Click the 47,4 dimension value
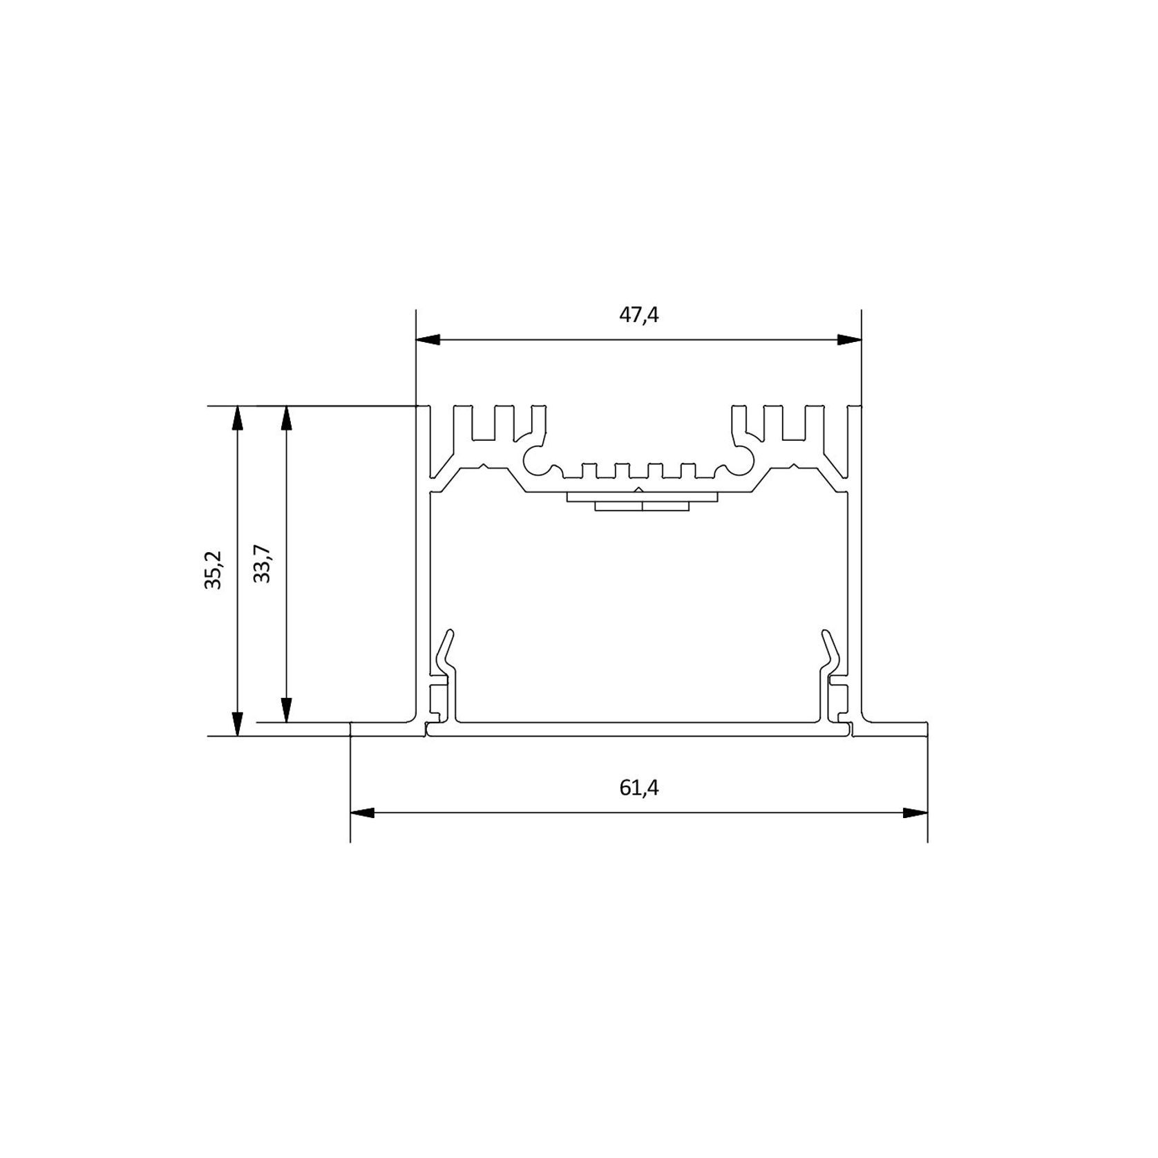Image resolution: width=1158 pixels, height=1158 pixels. [638, 316]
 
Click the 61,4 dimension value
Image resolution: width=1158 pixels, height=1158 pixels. [638, 788]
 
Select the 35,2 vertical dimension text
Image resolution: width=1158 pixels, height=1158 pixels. [213, 570]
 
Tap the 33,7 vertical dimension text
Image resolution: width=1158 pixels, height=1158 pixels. [262, 564]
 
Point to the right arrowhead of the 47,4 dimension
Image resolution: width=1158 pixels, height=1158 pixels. [849, 340]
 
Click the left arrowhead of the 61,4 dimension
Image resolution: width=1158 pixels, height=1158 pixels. [363, 813]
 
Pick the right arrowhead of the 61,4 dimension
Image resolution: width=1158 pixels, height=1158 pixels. [915, 813]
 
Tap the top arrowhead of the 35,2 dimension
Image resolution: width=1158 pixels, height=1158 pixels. [237, 419]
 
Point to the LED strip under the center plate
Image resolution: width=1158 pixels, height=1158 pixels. [642, 506]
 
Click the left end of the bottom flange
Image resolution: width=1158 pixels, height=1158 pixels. [353, 730]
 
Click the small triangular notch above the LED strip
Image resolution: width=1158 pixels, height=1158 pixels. [639, 490]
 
